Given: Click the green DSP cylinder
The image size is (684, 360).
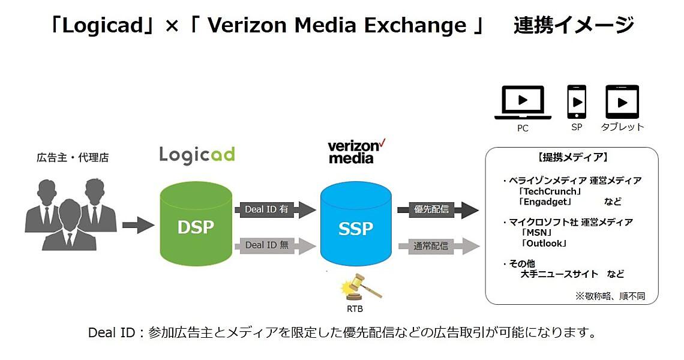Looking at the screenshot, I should pyautogui.click(x=196, y=226).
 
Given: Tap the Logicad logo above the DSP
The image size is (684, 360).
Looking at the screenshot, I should pyautogui.click(x=197, y=155).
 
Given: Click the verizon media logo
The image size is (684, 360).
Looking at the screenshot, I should pyautogui.click(x=356, y=152).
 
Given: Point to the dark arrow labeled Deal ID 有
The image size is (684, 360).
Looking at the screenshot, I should pyautogui.click(x=274, y=209).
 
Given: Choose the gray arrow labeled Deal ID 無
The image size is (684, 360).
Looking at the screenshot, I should pyautogui.click(x=274, y=245).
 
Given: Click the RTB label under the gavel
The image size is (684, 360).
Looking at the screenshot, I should pyautogui.click(x=355, y=310).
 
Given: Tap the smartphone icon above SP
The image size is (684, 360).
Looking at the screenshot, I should pyautogui.click(x=577, y=102).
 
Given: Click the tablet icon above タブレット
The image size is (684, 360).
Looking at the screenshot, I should pyautogui.click(x=622, y=102).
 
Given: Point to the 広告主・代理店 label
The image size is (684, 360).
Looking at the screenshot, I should pyautogui.click(x=73, y=158).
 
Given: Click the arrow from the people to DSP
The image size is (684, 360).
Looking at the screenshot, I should pyautogui.click(x=138, y=226).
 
